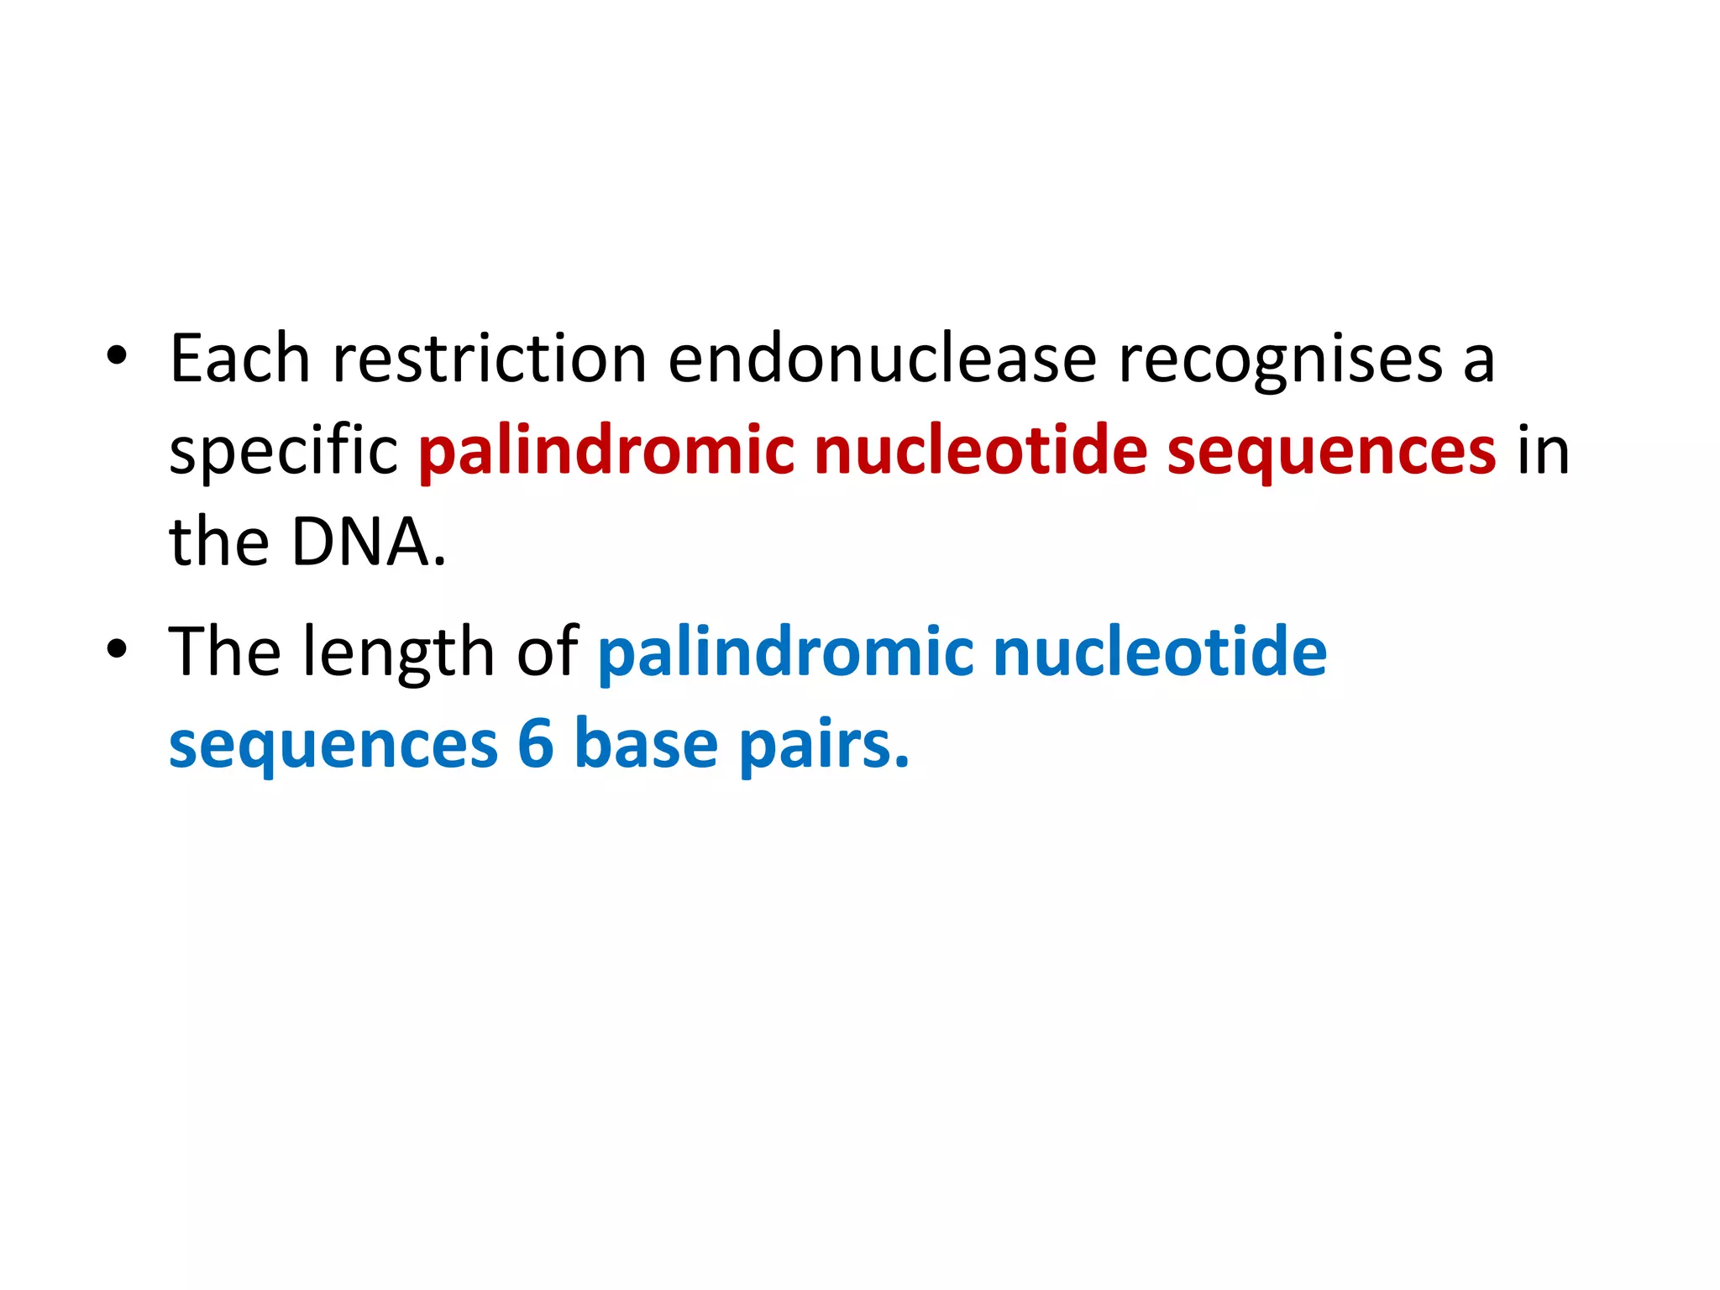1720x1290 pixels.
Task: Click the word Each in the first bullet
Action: point(239,359)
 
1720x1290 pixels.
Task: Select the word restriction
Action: point(490,359)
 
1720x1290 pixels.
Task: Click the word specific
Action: point(283,452)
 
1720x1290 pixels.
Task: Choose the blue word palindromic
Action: point(785,653)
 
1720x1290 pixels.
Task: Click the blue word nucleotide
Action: point(1160,652)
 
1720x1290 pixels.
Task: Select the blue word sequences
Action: point(333,746)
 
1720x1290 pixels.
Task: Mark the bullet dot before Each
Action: point(117,356)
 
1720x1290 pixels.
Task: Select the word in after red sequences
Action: point(1544,452)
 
